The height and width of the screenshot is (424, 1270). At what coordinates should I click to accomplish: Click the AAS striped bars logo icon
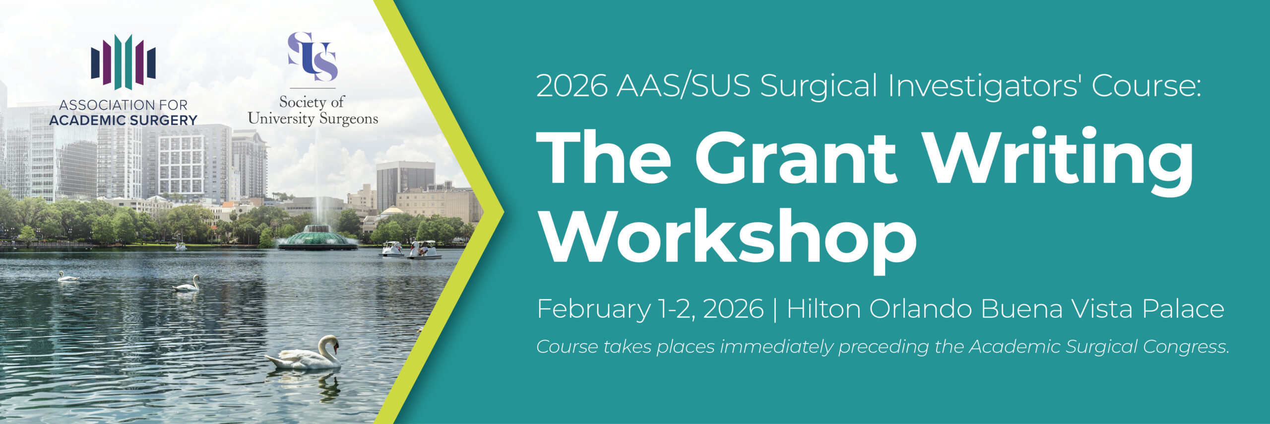coord(123,62)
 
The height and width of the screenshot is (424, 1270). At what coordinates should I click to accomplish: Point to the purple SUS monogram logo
coord(313,57)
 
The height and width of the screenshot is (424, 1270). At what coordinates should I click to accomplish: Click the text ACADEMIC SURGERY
coord(123,120)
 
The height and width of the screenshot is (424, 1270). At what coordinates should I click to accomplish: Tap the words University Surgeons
coord(313,119)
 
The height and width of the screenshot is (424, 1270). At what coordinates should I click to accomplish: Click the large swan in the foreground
coord(304,353)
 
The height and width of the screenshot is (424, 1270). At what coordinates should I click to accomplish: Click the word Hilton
coord(824,309)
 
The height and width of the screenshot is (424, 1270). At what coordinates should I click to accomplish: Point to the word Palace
coord(1183,309)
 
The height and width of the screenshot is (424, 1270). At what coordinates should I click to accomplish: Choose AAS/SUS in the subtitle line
coord(683,86)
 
